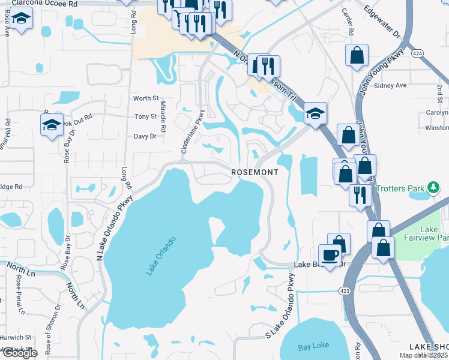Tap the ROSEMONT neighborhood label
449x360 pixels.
255,172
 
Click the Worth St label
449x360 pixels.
146,98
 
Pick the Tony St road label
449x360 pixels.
146,116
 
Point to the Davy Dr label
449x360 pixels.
145,136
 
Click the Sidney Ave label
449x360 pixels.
390,85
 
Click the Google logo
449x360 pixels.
19,353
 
